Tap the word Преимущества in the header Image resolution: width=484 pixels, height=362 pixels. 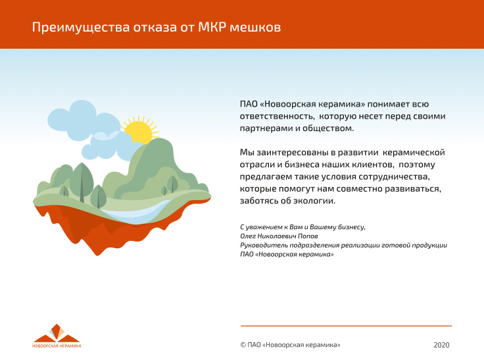coord(81,28)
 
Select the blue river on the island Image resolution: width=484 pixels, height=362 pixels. coord(136,213)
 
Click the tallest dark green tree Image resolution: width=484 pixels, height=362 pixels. coord(82,182)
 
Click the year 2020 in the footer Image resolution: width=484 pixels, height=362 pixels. coord(441,345)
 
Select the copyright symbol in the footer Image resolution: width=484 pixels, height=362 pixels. coord(243,345)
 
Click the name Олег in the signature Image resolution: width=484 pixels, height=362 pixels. coord(248,236)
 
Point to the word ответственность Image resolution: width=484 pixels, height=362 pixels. coord(277,116)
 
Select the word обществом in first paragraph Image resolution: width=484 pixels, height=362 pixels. coord(327,128)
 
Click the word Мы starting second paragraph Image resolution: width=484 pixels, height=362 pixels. coord(247,152)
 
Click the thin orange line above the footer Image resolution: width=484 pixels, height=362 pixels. coord(346,326)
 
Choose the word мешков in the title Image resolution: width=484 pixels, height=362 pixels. coord(255,27)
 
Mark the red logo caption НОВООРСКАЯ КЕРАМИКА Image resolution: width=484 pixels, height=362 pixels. coord(57,346)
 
